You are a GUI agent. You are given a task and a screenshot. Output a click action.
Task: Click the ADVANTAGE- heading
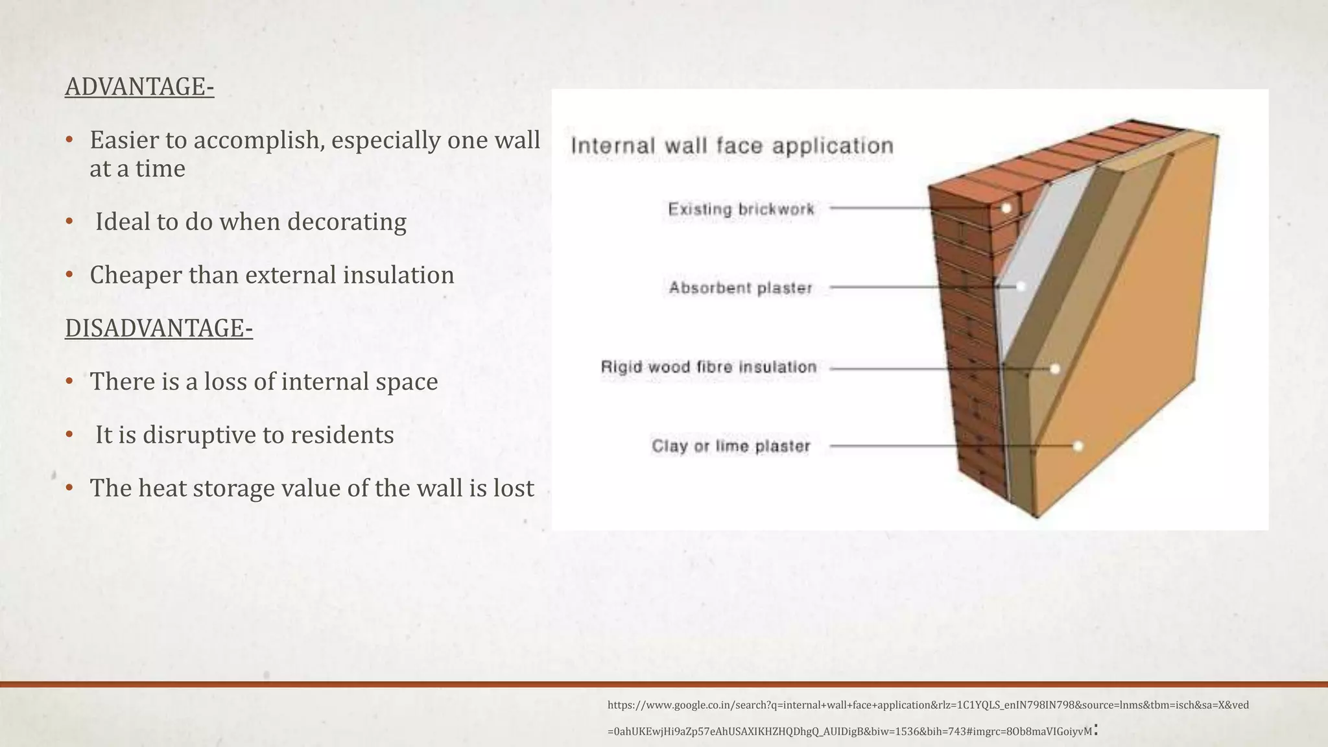pos(139,87)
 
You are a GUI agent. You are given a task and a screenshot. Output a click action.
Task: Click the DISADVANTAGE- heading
pos(159,328)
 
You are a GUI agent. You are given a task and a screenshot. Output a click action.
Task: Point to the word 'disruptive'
pos(200,434)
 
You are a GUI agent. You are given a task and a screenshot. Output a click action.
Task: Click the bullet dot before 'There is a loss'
pos(69,381)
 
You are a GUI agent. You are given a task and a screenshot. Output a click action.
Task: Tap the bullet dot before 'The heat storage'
pos(69,488)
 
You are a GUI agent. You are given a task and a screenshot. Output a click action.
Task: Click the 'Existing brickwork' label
pos(741,209)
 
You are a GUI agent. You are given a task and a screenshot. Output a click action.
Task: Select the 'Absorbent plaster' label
pos(741,288)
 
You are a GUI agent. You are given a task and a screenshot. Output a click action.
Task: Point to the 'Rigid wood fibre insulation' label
pos(709,367)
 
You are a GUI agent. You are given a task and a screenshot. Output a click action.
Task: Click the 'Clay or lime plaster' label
pos(731,446)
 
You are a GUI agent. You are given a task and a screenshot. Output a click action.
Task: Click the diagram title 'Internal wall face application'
pos(732,146)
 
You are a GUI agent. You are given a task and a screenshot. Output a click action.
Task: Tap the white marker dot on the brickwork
pos(1006,209)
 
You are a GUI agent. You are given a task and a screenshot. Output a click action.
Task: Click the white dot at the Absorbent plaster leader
pos(1021,286)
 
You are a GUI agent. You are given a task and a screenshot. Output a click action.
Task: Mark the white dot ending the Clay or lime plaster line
pos(1078,446)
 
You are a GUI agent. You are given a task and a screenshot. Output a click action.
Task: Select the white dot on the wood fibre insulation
pos(1055,369)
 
